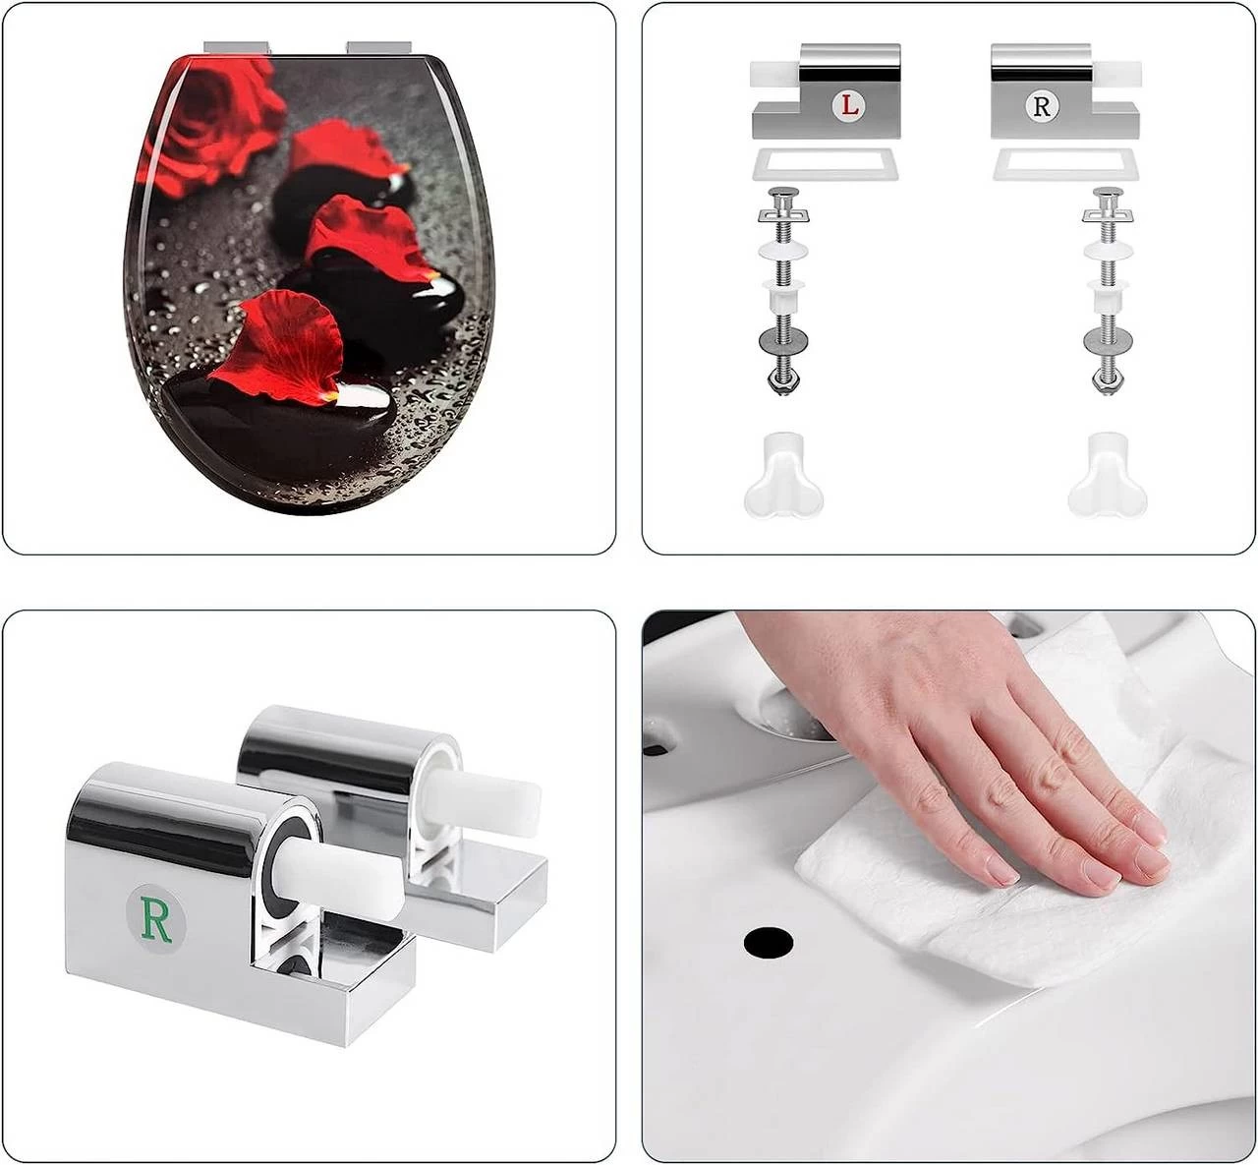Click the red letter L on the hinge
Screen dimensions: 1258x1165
[x=849, y=106]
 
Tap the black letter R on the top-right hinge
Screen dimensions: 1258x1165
[x=1042, y=106]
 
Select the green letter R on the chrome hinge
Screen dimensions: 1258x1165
[x=156, y=919]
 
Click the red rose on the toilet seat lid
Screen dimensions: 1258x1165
[x=209, y=123]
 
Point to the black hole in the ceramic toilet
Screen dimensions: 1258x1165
[x=769, y=942]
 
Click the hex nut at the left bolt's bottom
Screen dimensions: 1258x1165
[x=783, y=382]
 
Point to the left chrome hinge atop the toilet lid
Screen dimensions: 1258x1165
[x=238, y=48]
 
